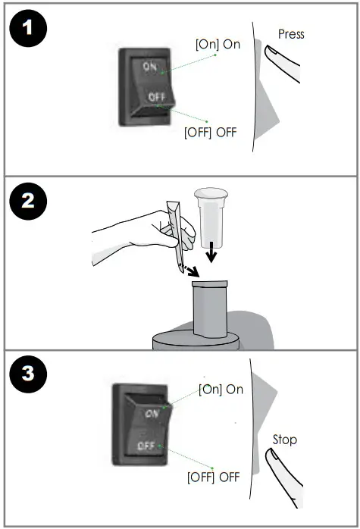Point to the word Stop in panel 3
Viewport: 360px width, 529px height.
pyautogui.click(x=285, y=440)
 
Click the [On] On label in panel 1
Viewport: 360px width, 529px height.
pyautogui.click(x=218, y=44)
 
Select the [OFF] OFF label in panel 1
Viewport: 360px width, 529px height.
pyautogui.click(x=211, y=132)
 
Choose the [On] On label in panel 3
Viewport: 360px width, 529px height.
pyautogui.click(x=221, y=389)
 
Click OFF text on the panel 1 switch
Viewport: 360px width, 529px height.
pyautogui.click(x=156, y=97)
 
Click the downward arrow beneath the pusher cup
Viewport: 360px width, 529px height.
pyautogui.click(x=213, y=254)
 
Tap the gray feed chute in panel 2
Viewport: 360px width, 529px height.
pyautogui.click(x=210, y=311)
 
